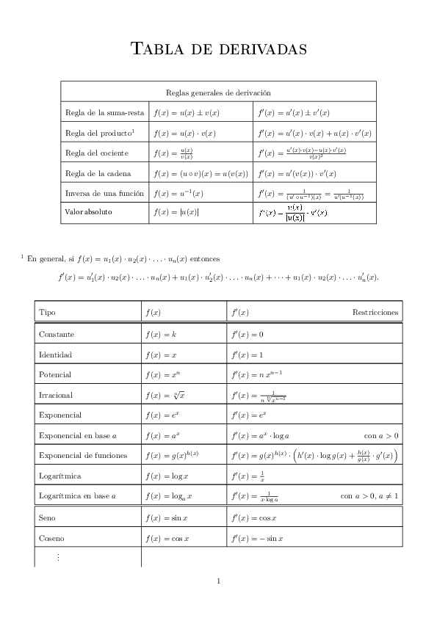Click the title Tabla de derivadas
click(x=218, y=49)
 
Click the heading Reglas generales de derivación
click(x=218, y=93)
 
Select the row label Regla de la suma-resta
click(x=104, y=113)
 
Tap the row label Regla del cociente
click(x=97, y=153)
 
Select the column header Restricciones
click(x=375, y=312)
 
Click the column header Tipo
click(x=47, y=312)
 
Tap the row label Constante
click(x=56, y=334)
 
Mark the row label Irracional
click(x=56, y=395)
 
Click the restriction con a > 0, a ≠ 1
click(x=369, y=496)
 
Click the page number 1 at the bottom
click(x=219, y=581)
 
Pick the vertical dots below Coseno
click(x=58, y=557)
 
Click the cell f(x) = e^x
click(x=162, y=415)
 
